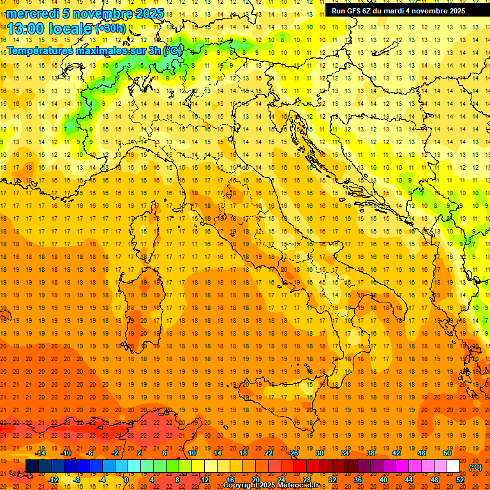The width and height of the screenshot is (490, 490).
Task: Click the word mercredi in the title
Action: [x=33, y=13]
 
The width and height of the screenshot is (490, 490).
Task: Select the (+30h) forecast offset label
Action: [x=110, y=29]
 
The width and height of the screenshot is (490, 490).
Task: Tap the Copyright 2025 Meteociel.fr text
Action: [x=271, y=485]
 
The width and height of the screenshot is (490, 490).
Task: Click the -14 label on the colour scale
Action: [x=41, y=453]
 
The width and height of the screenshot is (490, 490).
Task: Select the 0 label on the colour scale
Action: [x=127, y=480]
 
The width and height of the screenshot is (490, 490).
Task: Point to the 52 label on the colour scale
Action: [x=460, y=480]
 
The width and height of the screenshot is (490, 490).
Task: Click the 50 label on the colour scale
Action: [x=447, y=453]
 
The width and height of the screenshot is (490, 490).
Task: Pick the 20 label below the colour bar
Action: [x=255, y=480]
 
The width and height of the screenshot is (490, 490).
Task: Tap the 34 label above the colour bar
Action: [x=345, y=453]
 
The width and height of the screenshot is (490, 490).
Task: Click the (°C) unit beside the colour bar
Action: [x=475, y=467]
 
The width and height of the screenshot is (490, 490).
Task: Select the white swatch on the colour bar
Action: [x=454, y=466]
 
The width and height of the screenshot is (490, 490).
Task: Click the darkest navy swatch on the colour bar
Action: [x=32, y=466]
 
